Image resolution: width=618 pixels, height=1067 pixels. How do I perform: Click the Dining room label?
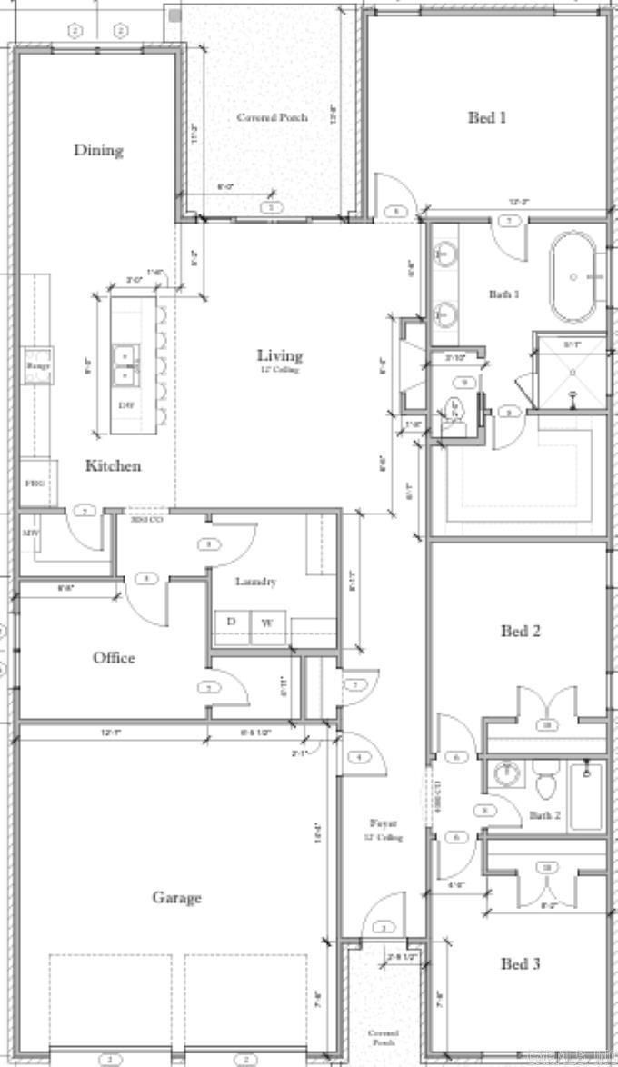(x=98, y=150)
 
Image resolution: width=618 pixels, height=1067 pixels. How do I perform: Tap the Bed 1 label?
(x=487, y=117)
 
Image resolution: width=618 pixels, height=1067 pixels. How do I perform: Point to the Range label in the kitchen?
(x=38, y=365)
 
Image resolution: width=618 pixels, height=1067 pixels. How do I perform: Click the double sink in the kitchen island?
(x=125, y=365)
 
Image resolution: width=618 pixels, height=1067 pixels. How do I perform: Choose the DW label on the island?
(x=125, y=404)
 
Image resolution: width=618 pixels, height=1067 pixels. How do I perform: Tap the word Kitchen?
(x=114, y=465)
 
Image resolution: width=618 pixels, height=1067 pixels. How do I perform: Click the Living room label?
(x=279, y=355)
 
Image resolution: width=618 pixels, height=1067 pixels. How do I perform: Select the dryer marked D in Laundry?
(x=231, y=622)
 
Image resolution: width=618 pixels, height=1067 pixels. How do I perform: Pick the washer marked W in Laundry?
(x=268, y=623)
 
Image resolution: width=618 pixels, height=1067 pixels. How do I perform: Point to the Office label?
(x=114, y=657)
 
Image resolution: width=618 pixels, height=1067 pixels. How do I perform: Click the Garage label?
(x=176, y=898)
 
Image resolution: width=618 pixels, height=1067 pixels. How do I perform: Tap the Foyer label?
(x=382, y=823)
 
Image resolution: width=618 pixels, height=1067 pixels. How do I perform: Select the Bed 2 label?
(x=521, y=631)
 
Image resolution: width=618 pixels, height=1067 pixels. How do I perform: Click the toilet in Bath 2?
(x=546, y=783)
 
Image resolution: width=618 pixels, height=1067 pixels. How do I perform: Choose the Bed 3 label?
(x=521, y=963)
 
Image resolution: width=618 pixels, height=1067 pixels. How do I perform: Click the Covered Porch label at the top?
(x=272, y=117)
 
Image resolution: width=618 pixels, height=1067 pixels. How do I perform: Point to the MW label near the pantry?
(x=30, y=533)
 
